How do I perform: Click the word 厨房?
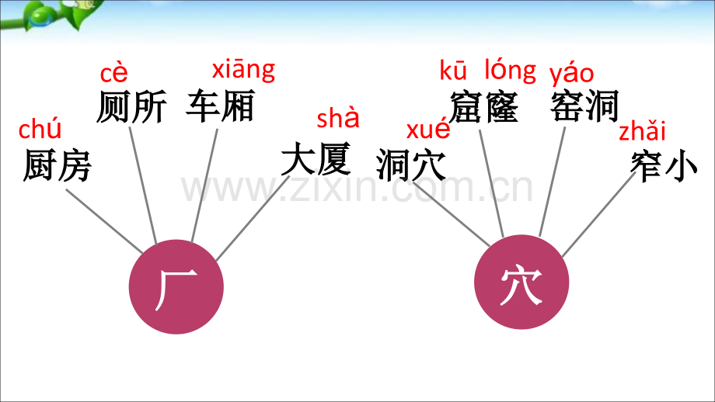click(x=58, y=165)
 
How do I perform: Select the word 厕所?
click(x=131, y=107)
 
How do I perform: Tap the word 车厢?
click(x=220, y=106)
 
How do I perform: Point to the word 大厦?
click(x=316, y=159)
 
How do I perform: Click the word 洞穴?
click(x=411, y=165)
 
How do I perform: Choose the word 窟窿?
click(x=484, y=107)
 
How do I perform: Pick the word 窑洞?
click(x=584, y=106)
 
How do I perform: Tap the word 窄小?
click(x=664, y=166)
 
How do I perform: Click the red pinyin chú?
click(x=40, y=129)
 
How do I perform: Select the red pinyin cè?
click(x=113, y=74)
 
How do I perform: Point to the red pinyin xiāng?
click(x=243, y=71)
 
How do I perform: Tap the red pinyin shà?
click(x=338, y=118)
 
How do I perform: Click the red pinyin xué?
click(x=428, y=130)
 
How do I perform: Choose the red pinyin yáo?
click(x=571, y=75)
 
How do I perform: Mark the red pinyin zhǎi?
click(x=642, y=130)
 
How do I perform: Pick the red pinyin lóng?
click(x=511, y=71)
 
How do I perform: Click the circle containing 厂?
click(x=176, y=287)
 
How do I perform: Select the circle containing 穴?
click(x=521, y=282)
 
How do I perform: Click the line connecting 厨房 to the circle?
click(x=104, y=221)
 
